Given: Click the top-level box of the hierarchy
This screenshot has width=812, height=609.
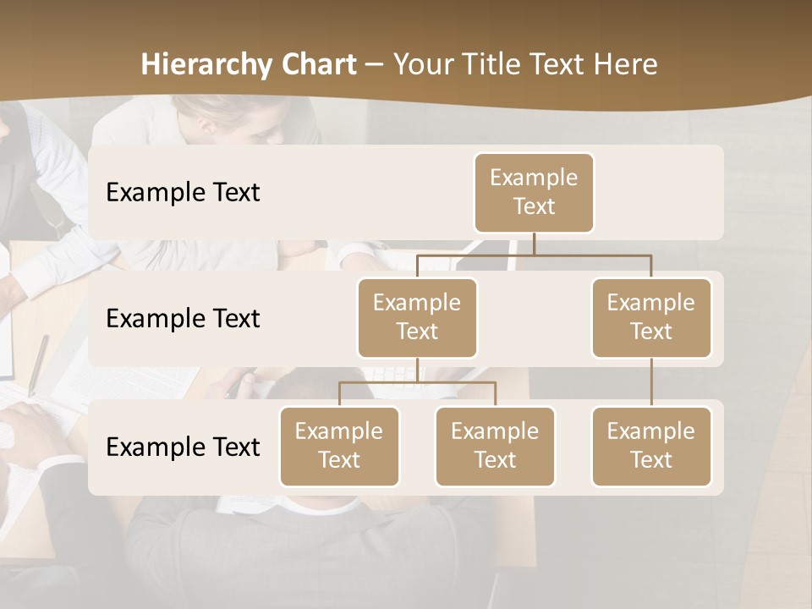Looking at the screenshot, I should point(534,193).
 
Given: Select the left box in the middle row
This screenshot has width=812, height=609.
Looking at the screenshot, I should point(417,318).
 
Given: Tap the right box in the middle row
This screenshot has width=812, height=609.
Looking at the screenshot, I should point(651,318).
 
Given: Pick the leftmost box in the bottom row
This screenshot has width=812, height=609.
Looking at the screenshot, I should point(339,447).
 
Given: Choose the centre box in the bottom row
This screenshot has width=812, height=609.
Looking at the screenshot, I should point(495,447).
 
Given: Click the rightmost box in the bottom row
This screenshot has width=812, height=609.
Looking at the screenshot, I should point(651,447).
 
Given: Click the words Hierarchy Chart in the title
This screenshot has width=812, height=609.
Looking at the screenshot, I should point(249,65).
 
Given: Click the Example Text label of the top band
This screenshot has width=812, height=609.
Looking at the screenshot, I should point(183,193).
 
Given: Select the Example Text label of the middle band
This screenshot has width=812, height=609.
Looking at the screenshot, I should point(183,319).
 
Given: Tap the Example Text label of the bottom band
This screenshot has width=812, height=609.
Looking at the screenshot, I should point(183,447).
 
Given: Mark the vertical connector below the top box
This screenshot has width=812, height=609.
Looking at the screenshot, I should point(534,244).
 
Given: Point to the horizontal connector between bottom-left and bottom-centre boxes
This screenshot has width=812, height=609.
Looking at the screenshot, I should point(417,383).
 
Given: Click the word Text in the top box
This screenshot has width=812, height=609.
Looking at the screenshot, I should point(534,207).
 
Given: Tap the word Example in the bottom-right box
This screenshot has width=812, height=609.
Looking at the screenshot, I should point(651,432).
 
